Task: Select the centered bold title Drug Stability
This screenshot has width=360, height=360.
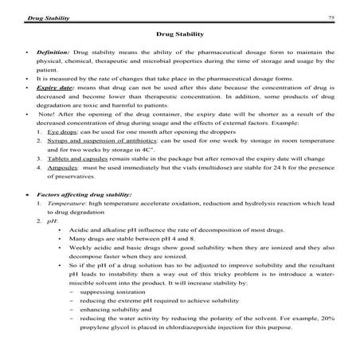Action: [x=179, y=35]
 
